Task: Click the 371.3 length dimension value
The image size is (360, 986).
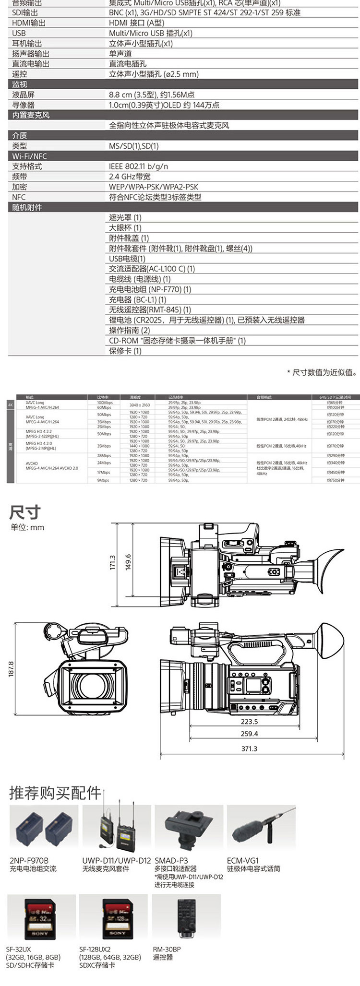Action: point(249,748)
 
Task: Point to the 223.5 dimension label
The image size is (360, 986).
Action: point(249,721)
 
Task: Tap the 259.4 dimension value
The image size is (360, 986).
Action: point(249,734)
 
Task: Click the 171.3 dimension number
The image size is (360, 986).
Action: point(112,562)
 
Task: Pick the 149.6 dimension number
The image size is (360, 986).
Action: point(128,562)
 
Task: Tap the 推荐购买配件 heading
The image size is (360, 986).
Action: point(55,793)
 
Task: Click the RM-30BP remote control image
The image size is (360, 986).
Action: point(186,919)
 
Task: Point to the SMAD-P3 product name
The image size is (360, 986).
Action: point(171,860)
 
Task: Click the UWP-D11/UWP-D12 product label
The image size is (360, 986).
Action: point(117,860)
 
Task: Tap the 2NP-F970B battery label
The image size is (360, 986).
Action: point(29,860)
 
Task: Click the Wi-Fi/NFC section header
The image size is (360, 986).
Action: point(29,156)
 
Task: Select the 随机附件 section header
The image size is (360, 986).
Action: point(27,207)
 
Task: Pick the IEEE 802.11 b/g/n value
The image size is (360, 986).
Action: point(139,166)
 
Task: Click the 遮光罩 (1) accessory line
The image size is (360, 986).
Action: point(125,218)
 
